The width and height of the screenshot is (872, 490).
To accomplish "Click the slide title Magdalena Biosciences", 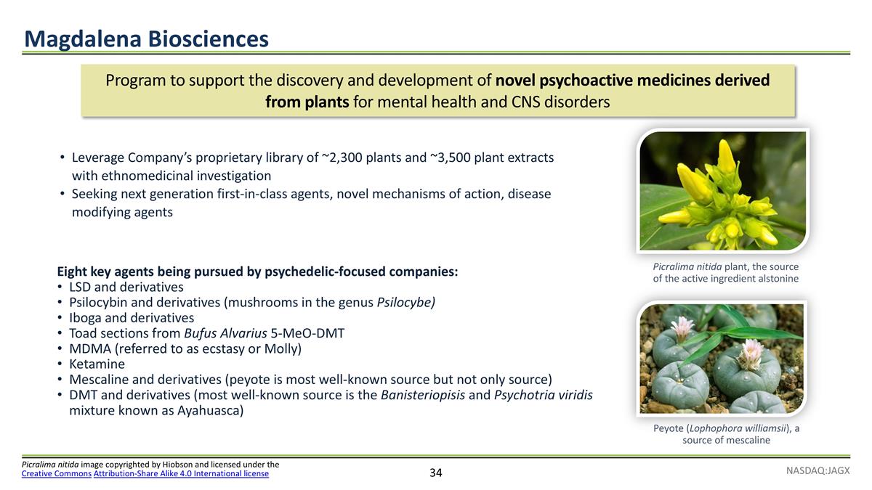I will pyautogui.click(x=146, y=38).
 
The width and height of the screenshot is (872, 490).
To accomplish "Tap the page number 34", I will pyautogui.click(x=435, y=473).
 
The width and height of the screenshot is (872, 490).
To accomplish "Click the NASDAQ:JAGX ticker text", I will pyautogui.click(x=817, y=470).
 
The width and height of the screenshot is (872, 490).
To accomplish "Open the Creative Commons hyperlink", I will pyautogui.click(x=57, y=474).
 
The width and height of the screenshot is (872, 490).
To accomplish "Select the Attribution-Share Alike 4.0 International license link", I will pyautogui.click(x=181, y=474).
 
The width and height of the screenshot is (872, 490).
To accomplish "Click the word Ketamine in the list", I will pyautogui.click(x=97, y=364).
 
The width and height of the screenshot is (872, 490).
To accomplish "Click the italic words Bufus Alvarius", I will pyautogui.click(x=225, y=333).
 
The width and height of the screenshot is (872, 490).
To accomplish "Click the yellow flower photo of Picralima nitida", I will pyautogui.click(x=722, y=191).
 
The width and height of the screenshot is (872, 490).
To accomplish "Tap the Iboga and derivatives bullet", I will pyautogui.click(x=131, y=318).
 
